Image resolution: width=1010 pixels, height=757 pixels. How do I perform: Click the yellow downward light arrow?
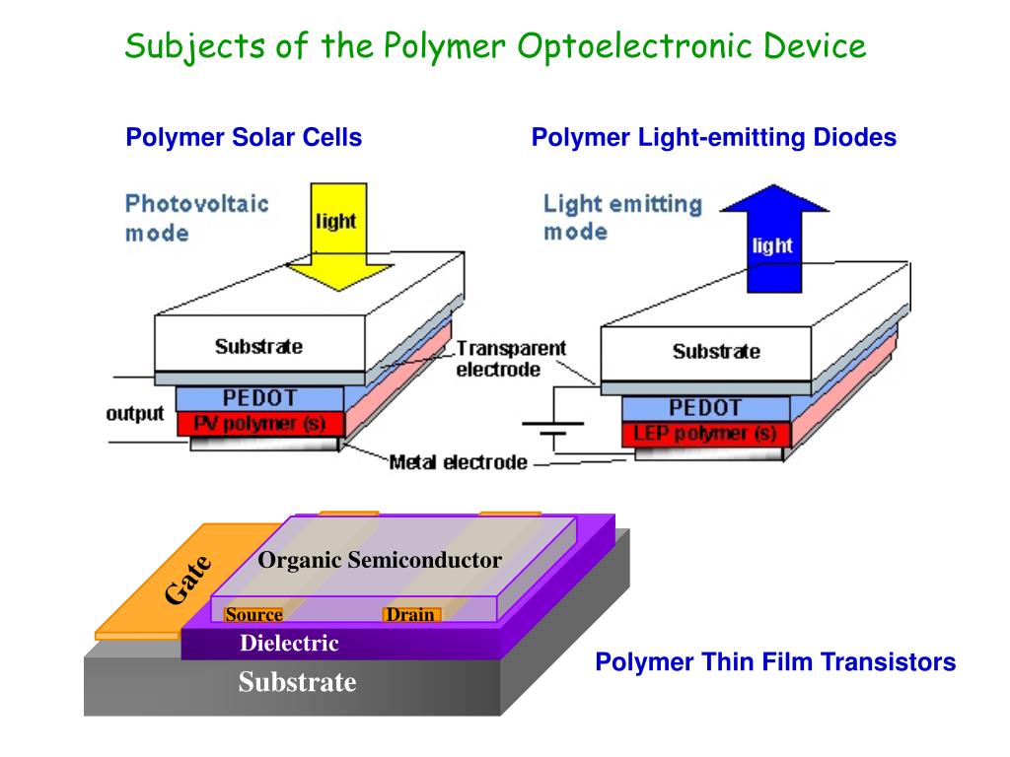336,237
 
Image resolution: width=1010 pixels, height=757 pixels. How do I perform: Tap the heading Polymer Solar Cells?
244,138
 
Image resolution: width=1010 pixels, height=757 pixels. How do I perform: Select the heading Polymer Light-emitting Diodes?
713,138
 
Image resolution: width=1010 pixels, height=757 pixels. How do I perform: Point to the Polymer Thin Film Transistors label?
775,662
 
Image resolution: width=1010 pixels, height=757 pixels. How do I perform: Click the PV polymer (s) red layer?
260,424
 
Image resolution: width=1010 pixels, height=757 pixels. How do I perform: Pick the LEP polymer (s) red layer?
705,433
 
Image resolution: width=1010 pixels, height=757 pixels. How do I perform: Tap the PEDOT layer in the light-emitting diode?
705,408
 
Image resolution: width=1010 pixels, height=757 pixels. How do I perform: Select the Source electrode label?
253,615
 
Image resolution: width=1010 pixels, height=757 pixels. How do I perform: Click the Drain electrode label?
410,615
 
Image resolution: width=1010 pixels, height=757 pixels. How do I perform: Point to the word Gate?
187,580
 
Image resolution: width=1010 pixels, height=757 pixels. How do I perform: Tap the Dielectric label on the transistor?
289,644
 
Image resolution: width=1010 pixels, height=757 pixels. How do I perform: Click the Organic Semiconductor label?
380,561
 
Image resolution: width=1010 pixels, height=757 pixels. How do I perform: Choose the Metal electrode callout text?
458,462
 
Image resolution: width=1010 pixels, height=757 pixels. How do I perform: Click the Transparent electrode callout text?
510,359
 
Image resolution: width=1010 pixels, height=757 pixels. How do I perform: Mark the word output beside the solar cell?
135,413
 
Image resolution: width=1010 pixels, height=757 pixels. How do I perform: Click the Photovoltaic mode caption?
196,218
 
